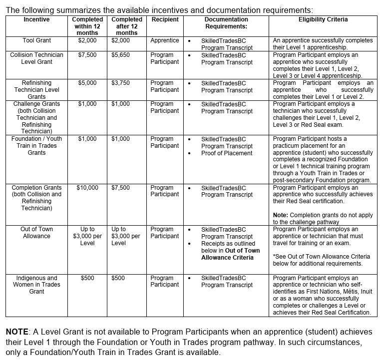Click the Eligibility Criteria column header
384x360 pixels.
tap(323, 19)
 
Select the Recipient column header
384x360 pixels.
tap(165, 19)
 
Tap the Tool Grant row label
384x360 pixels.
tap(36, 40)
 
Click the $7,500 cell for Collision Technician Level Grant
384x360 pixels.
tap(87, 55)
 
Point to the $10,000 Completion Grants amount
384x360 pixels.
tap(87, 188)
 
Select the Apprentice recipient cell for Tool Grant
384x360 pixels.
tap(165, 40)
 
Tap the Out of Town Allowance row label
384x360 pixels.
tap(36, 233)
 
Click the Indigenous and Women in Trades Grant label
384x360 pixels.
tap(36, 285)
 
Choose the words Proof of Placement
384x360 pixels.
tap(227, 153)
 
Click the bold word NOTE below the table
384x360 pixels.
tap(17, 332)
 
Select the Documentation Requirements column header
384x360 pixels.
tap(226, 23)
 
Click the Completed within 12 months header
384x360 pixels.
tap(87, 26)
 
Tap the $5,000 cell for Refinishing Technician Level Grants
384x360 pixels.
tap(87, 83)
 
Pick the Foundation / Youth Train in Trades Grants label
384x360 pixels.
tap(36, 146)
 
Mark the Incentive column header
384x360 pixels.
tap(36, 19)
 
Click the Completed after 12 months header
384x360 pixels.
tap(126, 26)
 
